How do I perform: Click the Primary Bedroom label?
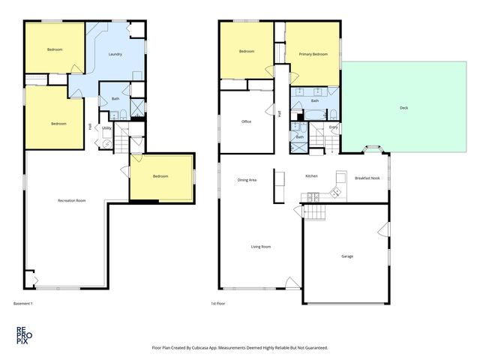[313, 54]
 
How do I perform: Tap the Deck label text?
[403, 108]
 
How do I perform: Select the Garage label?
[347, 256]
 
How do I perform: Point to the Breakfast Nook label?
[367, 178]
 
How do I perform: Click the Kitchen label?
[312, 176]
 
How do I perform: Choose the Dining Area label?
[247, 180]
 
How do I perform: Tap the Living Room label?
[261, 247]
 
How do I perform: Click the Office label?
[247, 121]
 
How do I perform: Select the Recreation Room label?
[72, 200]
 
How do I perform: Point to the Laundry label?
[115, 54]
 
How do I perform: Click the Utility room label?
[106, 128]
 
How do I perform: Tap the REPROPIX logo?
[24, 335]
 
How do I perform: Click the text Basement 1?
[23, 303]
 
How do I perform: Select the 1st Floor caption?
[218, 303]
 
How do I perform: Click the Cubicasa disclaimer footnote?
[240, 348]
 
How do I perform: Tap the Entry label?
[333, 127]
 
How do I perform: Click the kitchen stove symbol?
[313, 197]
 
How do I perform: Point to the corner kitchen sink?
[335, 192]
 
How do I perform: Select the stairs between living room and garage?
[314, 212]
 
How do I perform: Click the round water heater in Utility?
[107, 144]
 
